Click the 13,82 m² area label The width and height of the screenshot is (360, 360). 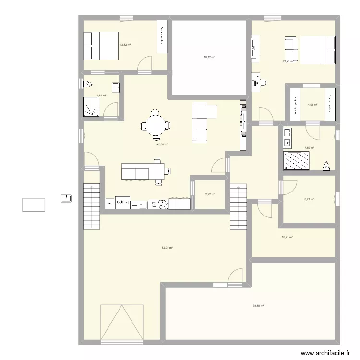[125, 45]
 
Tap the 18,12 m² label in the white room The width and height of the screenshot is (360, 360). [209, 57]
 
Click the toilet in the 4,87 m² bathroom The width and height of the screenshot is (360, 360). [89, 85]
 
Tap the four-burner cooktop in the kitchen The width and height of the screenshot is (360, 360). [164, 204]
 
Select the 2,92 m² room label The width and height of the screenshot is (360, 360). [209, 194]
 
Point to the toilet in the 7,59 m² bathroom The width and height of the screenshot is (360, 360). [327, 166]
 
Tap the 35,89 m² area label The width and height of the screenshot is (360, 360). [259, 305]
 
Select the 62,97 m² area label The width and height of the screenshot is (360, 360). [167, 248]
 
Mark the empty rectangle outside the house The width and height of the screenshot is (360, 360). [34, 204]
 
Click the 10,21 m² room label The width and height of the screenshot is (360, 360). [287, 237]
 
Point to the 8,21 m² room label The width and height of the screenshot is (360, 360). [309, 199]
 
